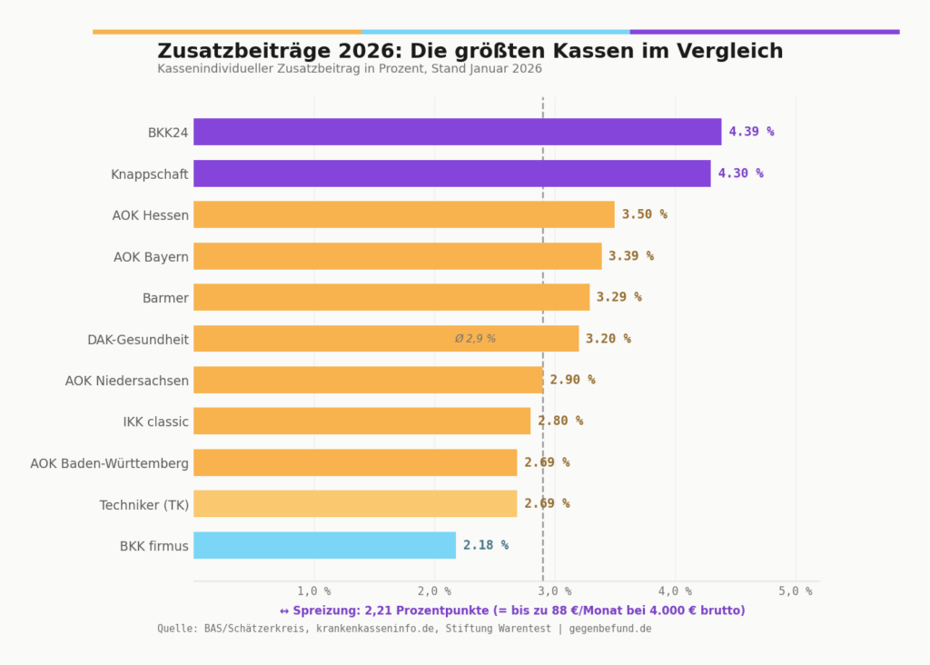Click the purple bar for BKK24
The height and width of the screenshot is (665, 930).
click(x=457, y=132)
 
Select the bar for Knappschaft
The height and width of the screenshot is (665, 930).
click(x=451, y=174)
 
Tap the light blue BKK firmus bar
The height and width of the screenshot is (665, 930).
click(x=324, y=545)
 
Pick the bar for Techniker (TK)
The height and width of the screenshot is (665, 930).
click(x=355, y=503)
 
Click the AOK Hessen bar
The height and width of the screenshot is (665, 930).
click(x=403, y=214)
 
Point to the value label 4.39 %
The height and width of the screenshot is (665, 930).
click(x=751, y=132)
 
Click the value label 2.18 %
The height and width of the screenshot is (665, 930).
click(x=485, y=545)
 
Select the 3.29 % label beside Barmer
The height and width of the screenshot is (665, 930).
click(x=618, y=297)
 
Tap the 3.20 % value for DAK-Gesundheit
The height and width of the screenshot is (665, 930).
click(x=608, y=339)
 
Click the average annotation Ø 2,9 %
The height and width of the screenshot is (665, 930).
click(x=475, y=339)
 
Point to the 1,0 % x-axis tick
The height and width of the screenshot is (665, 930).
click(x=314, y=591)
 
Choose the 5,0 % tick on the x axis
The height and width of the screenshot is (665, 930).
click(x=796, y=591)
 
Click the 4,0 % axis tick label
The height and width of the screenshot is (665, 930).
click(x=675, y=591)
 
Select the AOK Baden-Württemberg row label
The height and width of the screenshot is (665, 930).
click(x=109, y=463)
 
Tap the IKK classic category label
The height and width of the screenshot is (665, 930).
click(x=155, y=422)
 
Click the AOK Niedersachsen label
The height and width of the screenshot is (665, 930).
click(x=126, y=381)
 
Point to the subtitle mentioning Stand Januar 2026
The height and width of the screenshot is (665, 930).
click(x=350, y=69)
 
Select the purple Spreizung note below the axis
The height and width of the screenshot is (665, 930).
click(x=512, y=610)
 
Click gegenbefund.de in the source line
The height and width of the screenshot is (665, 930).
click(x=610, y=629)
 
